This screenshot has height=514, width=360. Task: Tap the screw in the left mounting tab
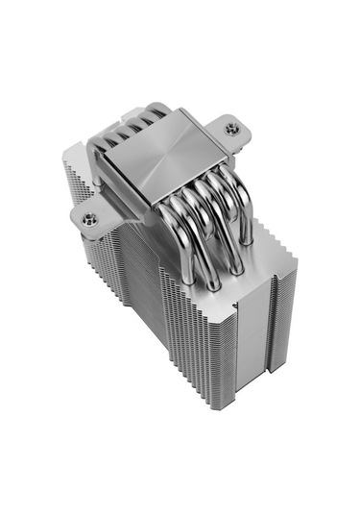89,219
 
